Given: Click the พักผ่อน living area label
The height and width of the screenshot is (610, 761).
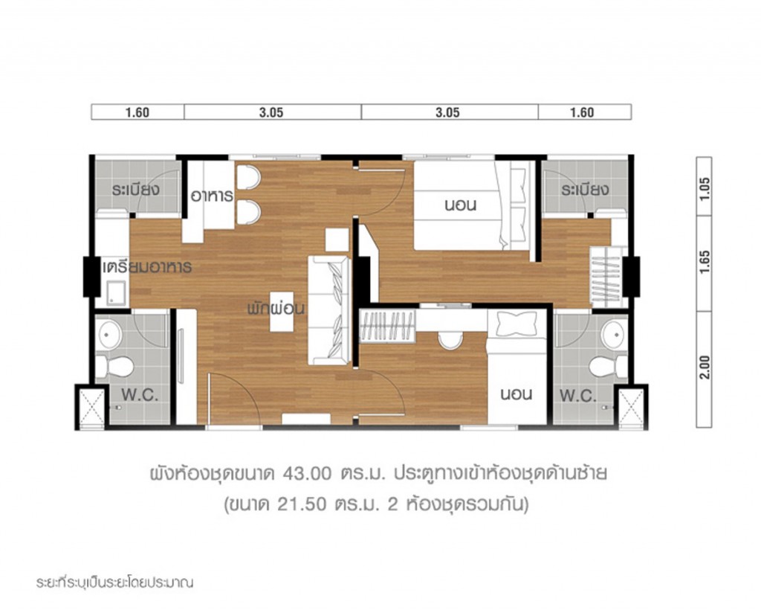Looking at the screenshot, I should coord(276,308).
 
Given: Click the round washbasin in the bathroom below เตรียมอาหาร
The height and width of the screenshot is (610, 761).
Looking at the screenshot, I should coord(111,335).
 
